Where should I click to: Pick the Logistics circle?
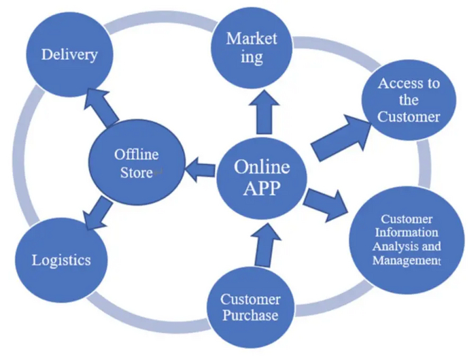61,259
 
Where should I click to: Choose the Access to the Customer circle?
409,99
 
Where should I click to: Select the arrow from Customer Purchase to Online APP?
262,246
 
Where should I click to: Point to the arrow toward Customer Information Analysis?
326,202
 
